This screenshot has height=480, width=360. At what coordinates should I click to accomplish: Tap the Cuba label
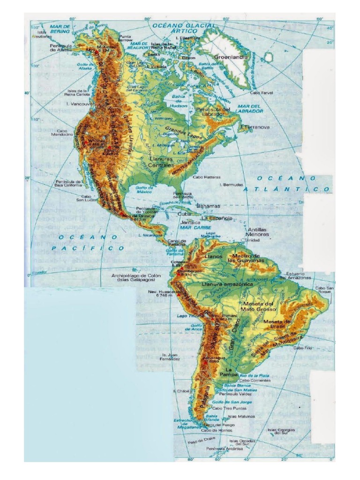click(183, 214)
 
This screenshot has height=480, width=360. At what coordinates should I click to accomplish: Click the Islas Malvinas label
click(241, 416)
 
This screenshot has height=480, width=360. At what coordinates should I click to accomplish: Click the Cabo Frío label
click(302, 348)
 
